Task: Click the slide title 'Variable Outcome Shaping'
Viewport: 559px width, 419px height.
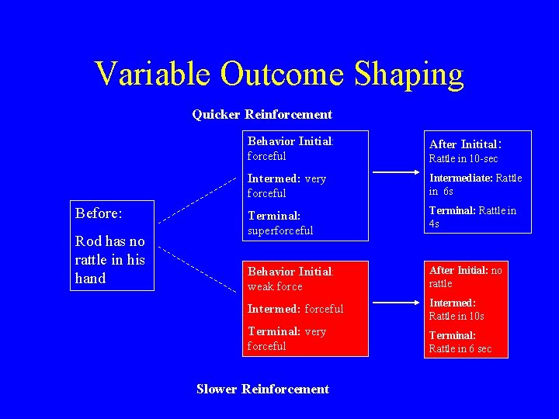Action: tap(279, 74)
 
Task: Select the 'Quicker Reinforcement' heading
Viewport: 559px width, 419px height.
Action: tap(262, 115)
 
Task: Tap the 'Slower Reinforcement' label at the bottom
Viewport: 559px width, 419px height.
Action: tap(262, 389)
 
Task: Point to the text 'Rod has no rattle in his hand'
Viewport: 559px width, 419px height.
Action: tap(110, 259)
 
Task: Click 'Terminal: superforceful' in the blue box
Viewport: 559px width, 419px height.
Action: tap(280, 223)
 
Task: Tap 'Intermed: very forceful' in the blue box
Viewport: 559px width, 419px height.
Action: tap(286, 185)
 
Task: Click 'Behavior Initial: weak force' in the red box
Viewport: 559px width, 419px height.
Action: tap(290, 279)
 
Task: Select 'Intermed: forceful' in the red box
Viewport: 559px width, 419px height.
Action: tap(295, 309)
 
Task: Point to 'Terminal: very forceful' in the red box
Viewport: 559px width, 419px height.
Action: tap(286, 338)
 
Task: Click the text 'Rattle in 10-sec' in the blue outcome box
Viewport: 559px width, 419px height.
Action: tap(464, 159)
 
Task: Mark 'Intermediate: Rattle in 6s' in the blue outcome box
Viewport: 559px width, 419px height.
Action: tap(475, 184)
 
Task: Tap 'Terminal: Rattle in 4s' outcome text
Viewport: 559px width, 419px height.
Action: tap(472, 216)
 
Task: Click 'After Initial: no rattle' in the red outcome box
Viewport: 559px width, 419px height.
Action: tap(465, 276)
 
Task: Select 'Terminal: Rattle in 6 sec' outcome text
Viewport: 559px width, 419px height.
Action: tap(460, 342)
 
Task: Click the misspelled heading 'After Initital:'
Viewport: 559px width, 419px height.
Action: tap(467, 144)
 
